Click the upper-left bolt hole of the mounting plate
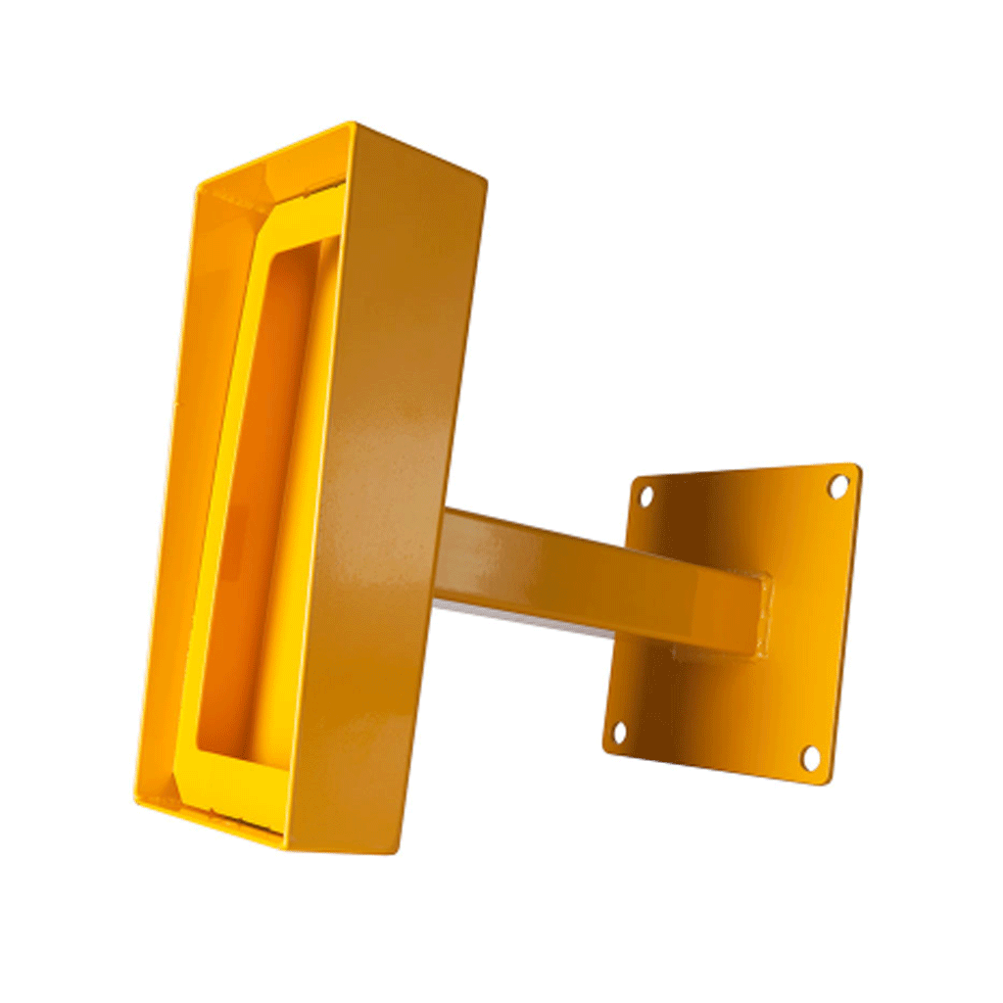[x=645, y=496]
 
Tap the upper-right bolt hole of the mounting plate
[x=838, y=485]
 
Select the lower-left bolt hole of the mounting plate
[x=618, y=732]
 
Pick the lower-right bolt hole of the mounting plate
[x=811, y=757]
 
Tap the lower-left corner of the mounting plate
[x=605, y=748]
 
